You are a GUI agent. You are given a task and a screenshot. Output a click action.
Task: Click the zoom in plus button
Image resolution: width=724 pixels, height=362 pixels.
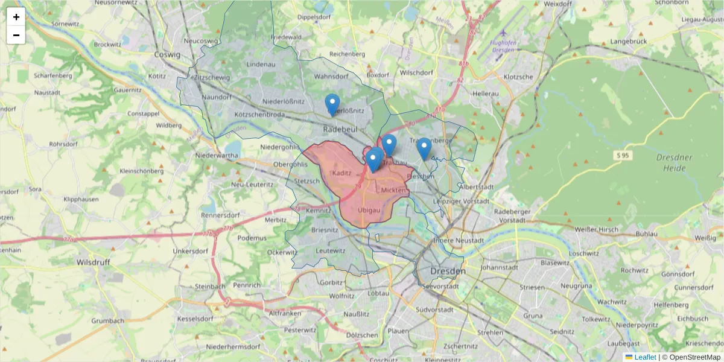(16, 17)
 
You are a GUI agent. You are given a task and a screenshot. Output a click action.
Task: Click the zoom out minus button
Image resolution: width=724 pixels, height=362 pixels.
(16, 35)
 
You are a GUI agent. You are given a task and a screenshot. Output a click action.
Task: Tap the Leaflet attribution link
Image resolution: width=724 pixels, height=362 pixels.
(644, 357)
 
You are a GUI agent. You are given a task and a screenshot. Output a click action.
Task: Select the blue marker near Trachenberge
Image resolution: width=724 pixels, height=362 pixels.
(424, 149)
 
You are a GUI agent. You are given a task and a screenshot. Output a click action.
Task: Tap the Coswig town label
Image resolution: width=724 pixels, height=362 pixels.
(168, 54)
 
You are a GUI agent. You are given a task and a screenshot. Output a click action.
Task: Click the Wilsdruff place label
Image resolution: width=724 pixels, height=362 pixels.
(96, 262)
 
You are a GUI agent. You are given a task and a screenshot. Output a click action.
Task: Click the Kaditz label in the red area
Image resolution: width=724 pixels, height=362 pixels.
(341, 173)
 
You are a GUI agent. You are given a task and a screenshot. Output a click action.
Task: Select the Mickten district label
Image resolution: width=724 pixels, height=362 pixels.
(393, 190)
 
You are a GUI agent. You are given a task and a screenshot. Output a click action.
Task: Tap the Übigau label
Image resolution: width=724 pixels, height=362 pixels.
(369, 210)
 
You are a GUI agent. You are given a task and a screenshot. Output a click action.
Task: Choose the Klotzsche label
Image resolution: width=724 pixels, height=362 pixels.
(518, 77)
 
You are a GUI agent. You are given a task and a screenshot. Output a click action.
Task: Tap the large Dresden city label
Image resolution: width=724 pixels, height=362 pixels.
(448, 271)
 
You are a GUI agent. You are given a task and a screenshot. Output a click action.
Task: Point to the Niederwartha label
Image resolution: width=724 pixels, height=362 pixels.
(217, 155)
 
